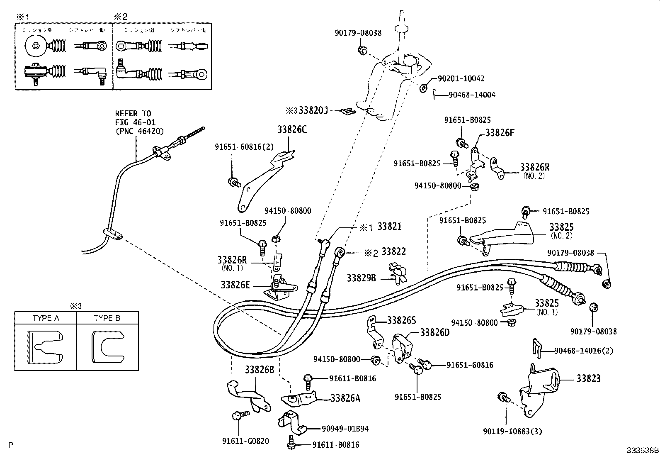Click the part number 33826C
point(292,130)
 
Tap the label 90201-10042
point(461,78)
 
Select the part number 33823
point(588,378)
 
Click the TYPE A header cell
point(46,318)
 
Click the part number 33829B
point(361,278)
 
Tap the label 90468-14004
point(472,95)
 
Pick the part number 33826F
point(500,133)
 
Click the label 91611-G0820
point(245,441)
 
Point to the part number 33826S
point(402,320)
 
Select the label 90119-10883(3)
point(512,432)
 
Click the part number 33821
point(391,227)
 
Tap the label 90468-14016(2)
point(583,351)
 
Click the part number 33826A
point(345,398)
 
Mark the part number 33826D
point(435,332)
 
